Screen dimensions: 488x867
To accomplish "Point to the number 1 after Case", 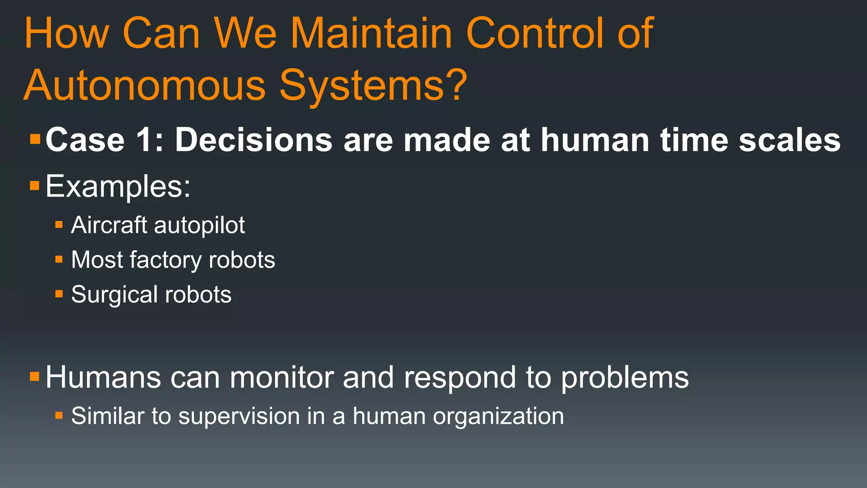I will (x=144, y=140).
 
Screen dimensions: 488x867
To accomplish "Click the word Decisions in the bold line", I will (x=254, y=140).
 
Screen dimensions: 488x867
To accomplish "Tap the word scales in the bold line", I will (x=790, y=140).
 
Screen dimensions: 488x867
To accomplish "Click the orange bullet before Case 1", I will (x=35, y=139).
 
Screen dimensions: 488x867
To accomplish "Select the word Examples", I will (x=118, y=186).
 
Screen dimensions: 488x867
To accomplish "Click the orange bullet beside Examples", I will (x=35, y=185).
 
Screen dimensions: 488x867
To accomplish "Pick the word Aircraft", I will (x=109, y=225).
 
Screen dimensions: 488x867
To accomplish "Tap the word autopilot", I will (x=199, y=225).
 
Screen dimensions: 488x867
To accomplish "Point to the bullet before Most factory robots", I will (x=59, y=259).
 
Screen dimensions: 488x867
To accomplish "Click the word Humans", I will (x=103, y=377).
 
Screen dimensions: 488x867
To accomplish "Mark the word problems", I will (x=625, y=378).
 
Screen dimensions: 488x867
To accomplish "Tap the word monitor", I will (x=282, y=377).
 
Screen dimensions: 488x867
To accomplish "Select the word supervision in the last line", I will (x=239, y=416).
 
